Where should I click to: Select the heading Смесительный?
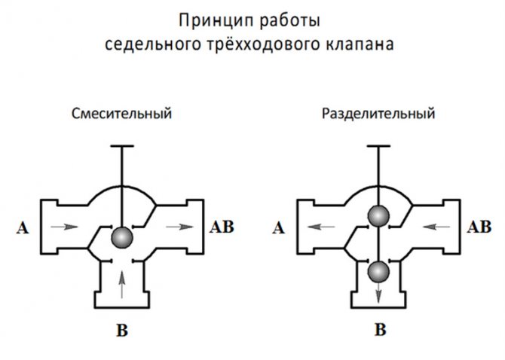(122, 115)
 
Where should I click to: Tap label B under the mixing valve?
(122, 329)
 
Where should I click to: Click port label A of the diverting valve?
(280, 227)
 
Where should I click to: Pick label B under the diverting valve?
(381, 329)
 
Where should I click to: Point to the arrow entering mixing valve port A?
(66, 227)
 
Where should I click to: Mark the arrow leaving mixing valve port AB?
(179, 225)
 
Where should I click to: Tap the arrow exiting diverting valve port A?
(320, 225)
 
